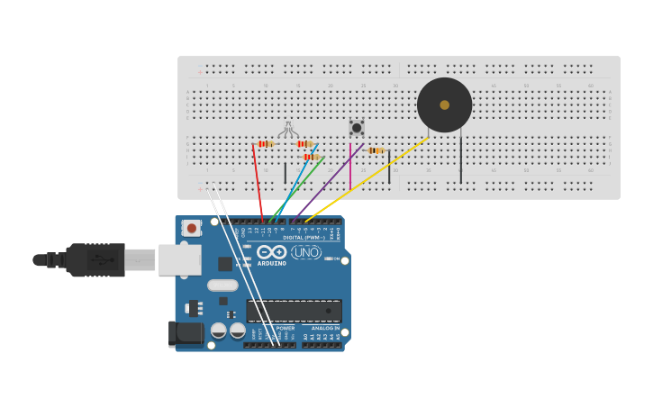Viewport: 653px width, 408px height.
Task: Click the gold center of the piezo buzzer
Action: pos(444,104)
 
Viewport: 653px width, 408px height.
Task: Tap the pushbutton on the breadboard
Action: pos(357,128)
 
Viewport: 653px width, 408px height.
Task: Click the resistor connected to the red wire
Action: pos(265,143)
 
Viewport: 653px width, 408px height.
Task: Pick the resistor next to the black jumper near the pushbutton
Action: pos(376,150)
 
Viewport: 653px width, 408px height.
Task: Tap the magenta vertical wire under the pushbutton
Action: pos(350,167)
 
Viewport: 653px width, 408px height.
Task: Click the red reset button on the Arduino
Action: pos(191,229)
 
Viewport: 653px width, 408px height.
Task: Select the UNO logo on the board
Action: pos(306,253)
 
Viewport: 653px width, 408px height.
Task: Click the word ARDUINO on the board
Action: pos(271,264)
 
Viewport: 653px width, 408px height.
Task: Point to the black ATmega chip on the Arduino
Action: pos(294,311)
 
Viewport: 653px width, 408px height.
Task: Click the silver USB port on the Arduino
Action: pos(179,259)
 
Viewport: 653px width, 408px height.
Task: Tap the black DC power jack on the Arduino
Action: pos(186,333)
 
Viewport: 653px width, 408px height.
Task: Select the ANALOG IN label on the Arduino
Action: pos(325,329)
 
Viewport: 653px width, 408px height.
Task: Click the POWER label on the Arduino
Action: pos(285,329)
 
